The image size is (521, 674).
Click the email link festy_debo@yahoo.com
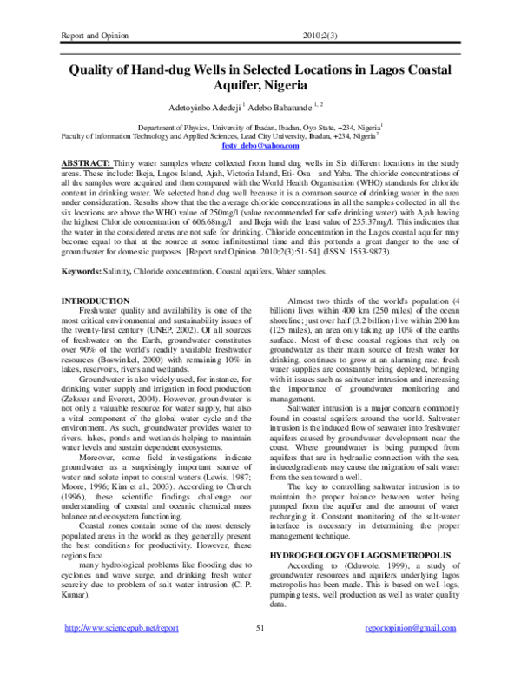pyautogui.click(x=260, y=145)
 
